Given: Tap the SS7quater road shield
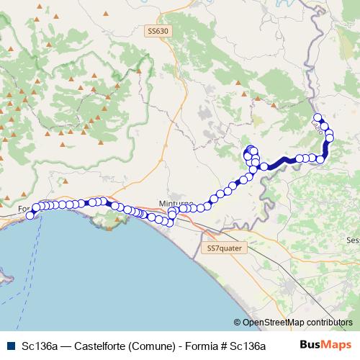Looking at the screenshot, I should click(225, 248).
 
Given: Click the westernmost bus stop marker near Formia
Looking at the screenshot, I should click(30, 215).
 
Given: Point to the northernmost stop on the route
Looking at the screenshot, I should click(318, 117).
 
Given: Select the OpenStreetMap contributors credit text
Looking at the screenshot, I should click(297, 323).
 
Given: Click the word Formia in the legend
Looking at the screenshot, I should click(201, 345).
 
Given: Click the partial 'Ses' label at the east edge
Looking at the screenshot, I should click(352, 240).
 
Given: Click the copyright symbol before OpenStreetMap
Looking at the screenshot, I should click(237, 323).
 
